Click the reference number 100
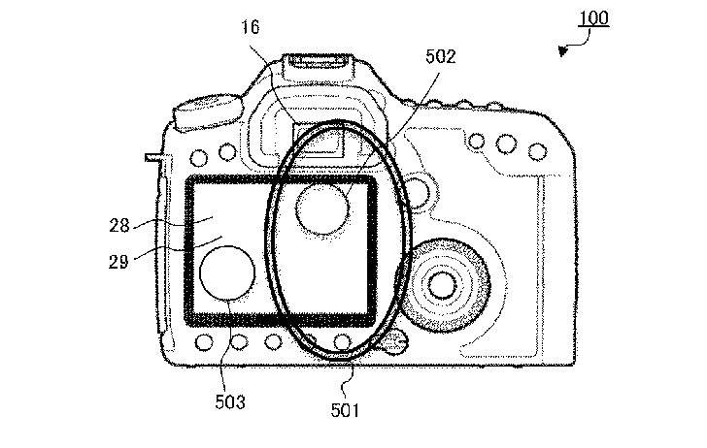(593, 18)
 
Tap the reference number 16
(251, 27)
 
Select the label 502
(441, 56)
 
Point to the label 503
(230, 402)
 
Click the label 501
(345, 410)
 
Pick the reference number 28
(119, 225)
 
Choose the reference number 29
(118, 261)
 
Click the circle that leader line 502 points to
(322, 208)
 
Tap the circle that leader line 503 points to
(227, 272)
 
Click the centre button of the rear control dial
(442, 284)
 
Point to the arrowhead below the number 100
(562, 50)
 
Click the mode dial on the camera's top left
(209, 112)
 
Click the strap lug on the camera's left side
(153, 157)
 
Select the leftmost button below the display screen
(204, 342)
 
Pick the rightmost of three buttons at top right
(537, 151)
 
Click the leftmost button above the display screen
(199, 158)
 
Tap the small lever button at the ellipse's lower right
(392, 342)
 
